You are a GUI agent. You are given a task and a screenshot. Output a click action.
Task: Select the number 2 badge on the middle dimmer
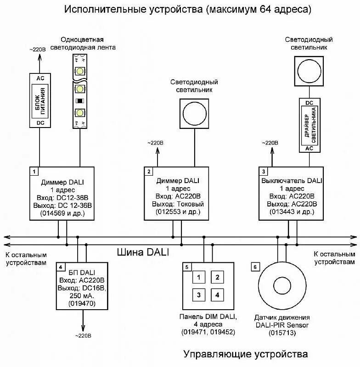coord(149,172)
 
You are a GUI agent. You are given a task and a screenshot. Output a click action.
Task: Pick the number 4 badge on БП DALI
coord(60,267)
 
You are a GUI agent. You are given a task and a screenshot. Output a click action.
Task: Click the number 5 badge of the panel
coord(186,267)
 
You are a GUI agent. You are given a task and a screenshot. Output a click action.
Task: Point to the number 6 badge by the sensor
coord(255,267)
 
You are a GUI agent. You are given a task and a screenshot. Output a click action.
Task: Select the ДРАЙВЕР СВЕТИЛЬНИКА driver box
coord(309,125)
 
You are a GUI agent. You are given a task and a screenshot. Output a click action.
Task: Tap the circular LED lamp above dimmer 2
coord(194,112)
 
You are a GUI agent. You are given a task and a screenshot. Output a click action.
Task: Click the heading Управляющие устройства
coord(245,354)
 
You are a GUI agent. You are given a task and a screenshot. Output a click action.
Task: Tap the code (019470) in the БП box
coord(82,303)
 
